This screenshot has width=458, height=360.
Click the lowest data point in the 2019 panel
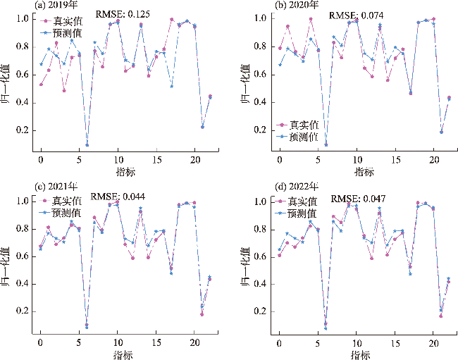tap(87, 144)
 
